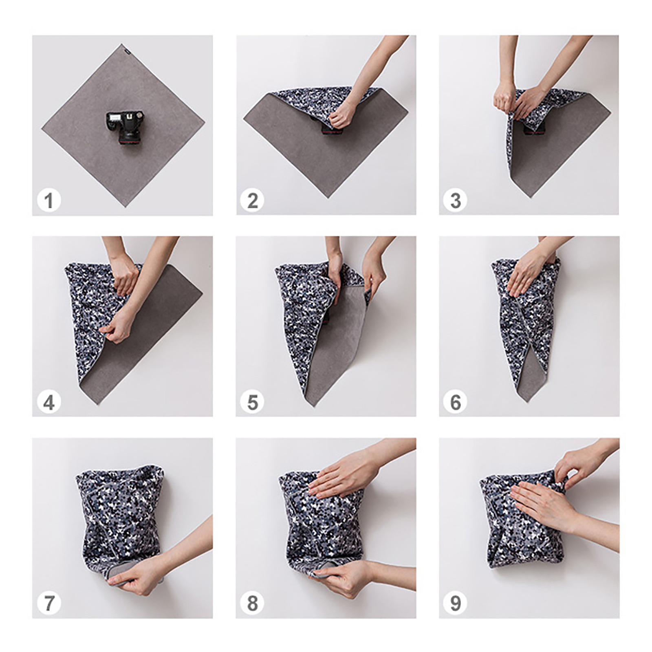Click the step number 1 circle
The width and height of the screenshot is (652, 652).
click(49, 200)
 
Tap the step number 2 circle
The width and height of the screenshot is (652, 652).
click(252, 200)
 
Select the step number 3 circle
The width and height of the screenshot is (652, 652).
click(455, 200)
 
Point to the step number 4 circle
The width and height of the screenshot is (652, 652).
click(49, 402)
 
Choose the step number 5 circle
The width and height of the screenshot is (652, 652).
click(252, 402)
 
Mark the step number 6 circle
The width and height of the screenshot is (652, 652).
click(455, 402)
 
